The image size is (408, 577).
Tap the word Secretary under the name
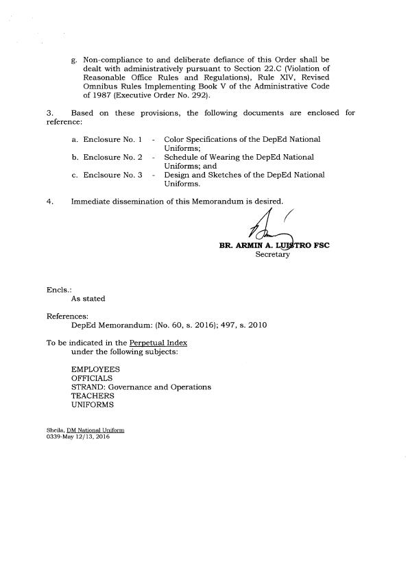click(273, 255)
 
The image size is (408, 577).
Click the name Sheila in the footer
click(54, 430)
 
